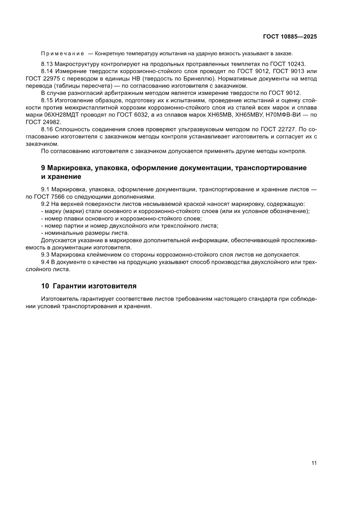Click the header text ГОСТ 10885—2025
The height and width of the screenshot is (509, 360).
pyautogui.click(x=289, y=37)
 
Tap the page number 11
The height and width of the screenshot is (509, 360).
pyautogui.click(x=314, y=462)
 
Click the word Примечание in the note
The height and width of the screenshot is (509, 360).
pyautogui.click(x=62, y=53)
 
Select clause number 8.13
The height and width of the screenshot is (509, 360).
pyautogui.click(x=47, y=64)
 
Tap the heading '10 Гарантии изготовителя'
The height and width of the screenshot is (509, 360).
pyautogui.click(x=89, y=286)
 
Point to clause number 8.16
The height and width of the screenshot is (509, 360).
pyautogui.click(x=47, y=130)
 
